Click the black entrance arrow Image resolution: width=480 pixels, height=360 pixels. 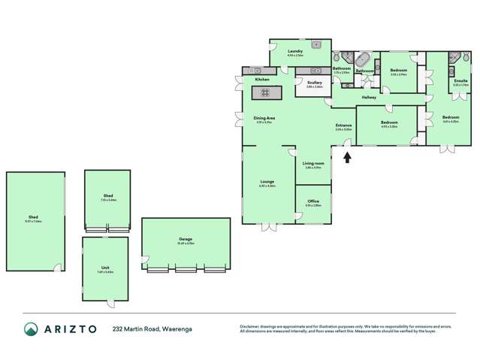pos(346,156)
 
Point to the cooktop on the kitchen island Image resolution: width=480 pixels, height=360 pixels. pos(265,92)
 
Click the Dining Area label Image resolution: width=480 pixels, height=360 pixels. pos(264,118)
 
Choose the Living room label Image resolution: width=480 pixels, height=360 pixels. pos(312,163)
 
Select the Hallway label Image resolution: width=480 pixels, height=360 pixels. pos(369,98)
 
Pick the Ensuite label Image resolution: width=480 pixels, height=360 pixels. pos(461,80)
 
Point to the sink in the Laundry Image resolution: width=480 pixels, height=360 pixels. pos(317,44)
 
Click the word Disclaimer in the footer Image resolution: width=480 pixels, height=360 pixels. pos(250,325)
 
